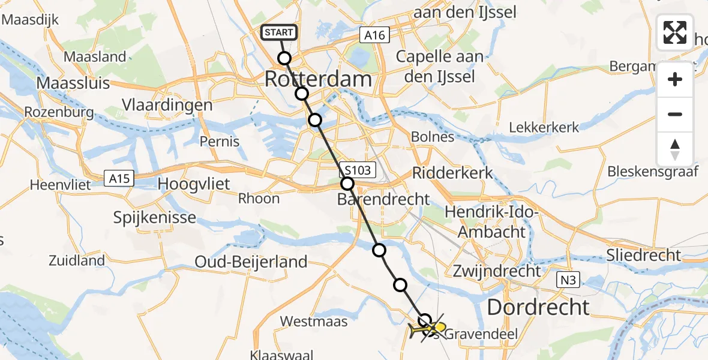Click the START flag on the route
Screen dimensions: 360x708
[x=278, y=32]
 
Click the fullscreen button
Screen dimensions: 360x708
[x=675, y=32]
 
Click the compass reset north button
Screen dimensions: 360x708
[x=675, y=149]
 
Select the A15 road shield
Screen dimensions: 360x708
[x=118, y=178]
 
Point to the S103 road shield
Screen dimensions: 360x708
[x=358, y=170]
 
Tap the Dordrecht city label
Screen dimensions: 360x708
[x=538, y=307]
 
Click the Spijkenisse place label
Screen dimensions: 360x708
[x=155, y=217]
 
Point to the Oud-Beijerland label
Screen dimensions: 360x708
[x=251, y=262]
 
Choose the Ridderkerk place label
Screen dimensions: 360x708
[x=452, y=173]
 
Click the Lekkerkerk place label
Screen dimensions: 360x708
[x=544, y=127]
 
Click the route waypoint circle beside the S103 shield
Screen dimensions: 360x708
[x=347, y=184]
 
